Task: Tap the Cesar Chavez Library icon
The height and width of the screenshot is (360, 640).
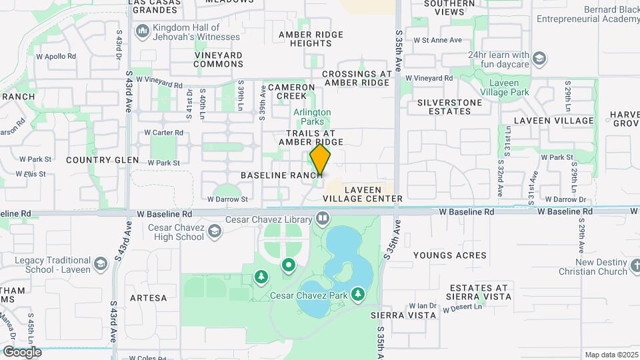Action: click(x=323, y=218)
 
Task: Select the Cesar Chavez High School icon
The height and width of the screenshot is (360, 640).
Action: click(x=214, y=231)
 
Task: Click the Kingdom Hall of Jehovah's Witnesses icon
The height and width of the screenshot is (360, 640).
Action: click(x=142, y=31)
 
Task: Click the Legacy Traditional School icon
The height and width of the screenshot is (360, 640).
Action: click(x=100, y=264)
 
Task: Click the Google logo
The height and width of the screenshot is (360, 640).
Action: click(x=21, y=352)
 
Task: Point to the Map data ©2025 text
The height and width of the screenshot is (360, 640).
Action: click(x=611, y=355)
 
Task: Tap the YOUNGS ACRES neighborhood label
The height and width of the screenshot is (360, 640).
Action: click(x=449, y=255)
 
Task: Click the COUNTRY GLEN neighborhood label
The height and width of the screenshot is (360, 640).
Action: click(x=103, y=160)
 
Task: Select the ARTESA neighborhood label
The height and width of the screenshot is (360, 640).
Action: click(x=148, y=298)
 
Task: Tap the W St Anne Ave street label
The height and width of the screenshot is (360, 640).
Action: click(x=437, y=40)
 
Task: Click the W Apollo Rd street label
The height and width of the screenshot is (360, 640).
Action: click(x=56, y=57)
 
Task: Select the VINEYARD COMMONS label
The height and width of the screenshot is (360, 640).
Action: click(x=219, y=59)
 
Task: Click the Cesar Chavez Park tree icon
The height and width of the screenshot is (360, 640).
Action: click(x=359, y=293)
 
